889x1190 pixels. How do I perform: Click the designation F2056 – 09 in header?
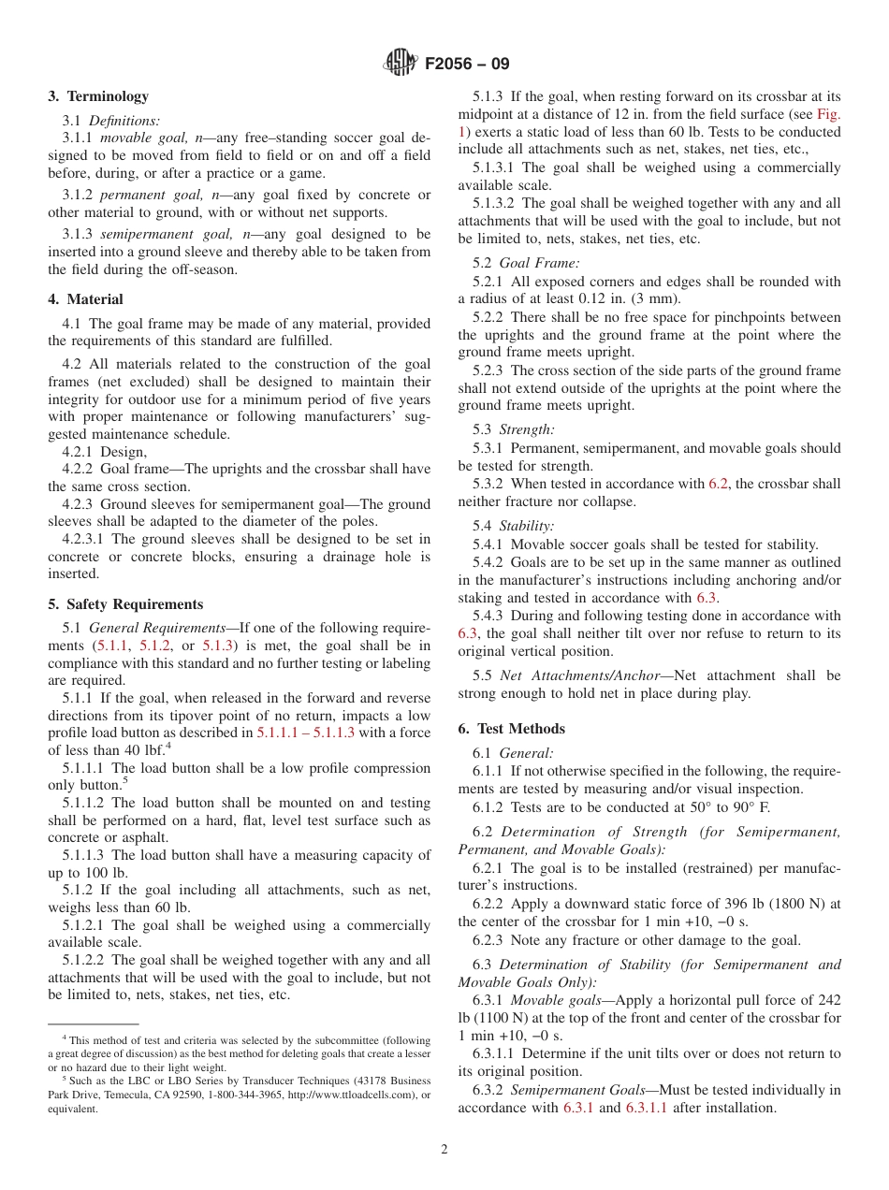pos(467,65)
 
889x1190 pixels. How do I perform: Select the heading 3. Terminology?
pos(98,96)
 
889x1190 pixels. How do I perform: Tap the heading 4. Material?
pos(85,299)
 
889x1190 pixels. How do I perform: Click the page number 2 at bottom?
pos(444,1150)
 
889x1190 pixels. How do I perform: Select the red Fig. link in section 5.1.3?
pos(828,114)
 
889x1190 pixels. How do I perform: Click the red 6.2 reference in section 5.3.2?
pos(718,485)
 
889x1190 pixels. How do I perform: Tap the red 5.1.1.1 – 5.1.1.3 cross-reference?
pos(305,733)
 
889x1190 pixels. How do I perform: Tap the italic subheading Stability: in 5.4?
pos(527,527)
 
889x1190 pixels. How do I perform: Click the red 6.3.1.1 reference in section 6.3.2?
pos(654,1109)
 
